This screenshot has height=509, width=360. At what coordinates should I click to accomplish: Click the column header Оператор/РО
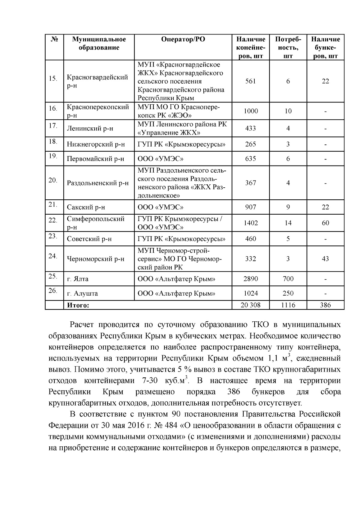pos(183,40)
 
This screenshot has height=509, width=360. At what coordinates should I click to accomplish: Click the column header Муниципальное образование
pos(99,43)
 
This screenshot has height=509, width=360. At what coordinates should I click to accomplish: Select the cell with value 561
pos(250,81)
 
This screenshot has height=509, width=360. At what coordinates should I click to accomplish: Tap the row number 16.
pos(53,109)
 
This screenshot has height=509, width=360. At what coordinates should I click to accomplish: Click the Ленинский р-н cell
pos(90,129)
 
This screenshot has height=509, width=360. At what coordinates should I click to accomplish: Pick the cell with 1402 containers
pos(250,223)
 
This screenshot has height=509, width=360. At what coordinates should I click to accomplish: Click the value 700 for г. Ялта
pos(288,279)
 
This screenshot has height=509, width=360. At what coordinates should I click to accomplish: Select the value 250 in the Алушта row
pos(288,293)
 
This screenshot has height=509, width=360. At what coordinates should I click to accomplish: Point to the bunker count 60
pos(325,223)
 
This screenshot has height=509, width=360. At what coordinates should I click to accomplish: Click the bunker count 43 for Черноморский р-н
pos(325,259)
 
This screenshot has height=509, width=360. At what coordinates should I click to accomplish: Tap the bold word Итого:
pos(78,305)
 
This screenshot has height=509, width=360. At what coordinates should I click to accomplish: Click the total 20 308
pos(250,305)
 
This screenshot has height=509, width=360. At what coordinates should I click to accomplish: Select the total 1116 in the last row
pos(288,305)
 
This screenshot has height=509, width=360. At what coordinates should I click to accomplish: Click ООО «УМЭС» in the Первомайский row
pos(160,159)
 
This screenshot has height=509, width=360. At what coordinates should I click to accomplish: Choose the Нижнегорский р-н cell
pos(96,144)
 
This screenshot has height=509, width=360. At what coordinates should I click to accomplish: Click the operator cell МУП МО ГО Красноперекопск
pos(179,111)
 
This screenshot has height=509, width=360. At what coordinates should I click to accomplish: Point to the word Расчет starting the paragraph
pos(82,325)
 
